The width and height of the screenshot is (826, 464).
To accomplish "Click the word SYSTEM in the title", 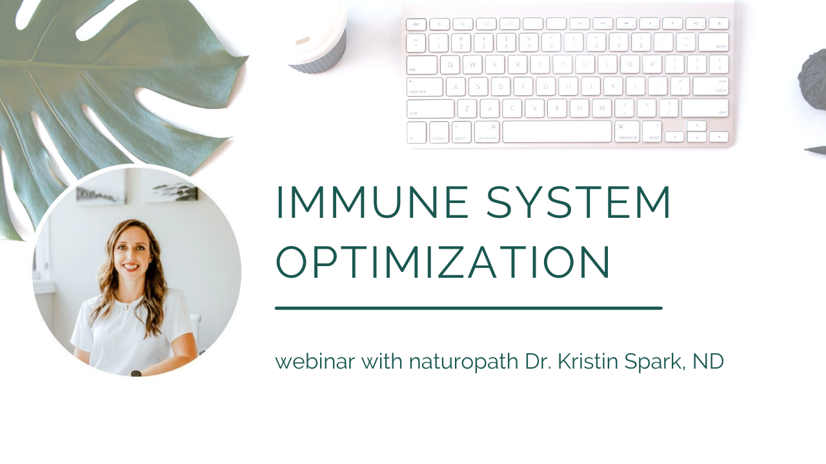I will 579,202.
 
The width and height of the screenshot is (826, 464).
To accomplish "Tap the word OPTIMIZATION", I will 443,262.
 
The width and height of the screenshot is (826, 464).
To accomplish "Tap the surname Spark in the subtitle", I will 654,362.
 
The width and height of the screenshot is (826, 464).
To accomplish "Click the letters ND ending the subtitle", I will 708,362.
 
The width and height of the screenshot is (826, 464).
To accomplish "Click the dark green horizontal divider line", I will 468,308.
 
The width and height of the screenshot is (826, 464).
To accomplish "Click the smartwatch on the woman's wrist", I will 136,372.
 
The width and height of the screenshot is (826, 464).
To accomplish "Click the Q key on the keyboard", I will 450,64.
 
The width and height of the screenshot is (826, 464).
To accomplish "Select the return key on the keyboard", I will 710,86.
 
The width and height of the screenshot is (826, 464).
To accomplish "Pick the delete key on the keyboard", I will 713,43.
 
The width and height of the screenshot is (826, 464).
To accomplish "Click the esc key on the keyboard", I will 416,24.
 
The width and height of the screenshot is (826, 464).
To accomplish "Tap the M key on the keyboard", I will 601,108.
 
